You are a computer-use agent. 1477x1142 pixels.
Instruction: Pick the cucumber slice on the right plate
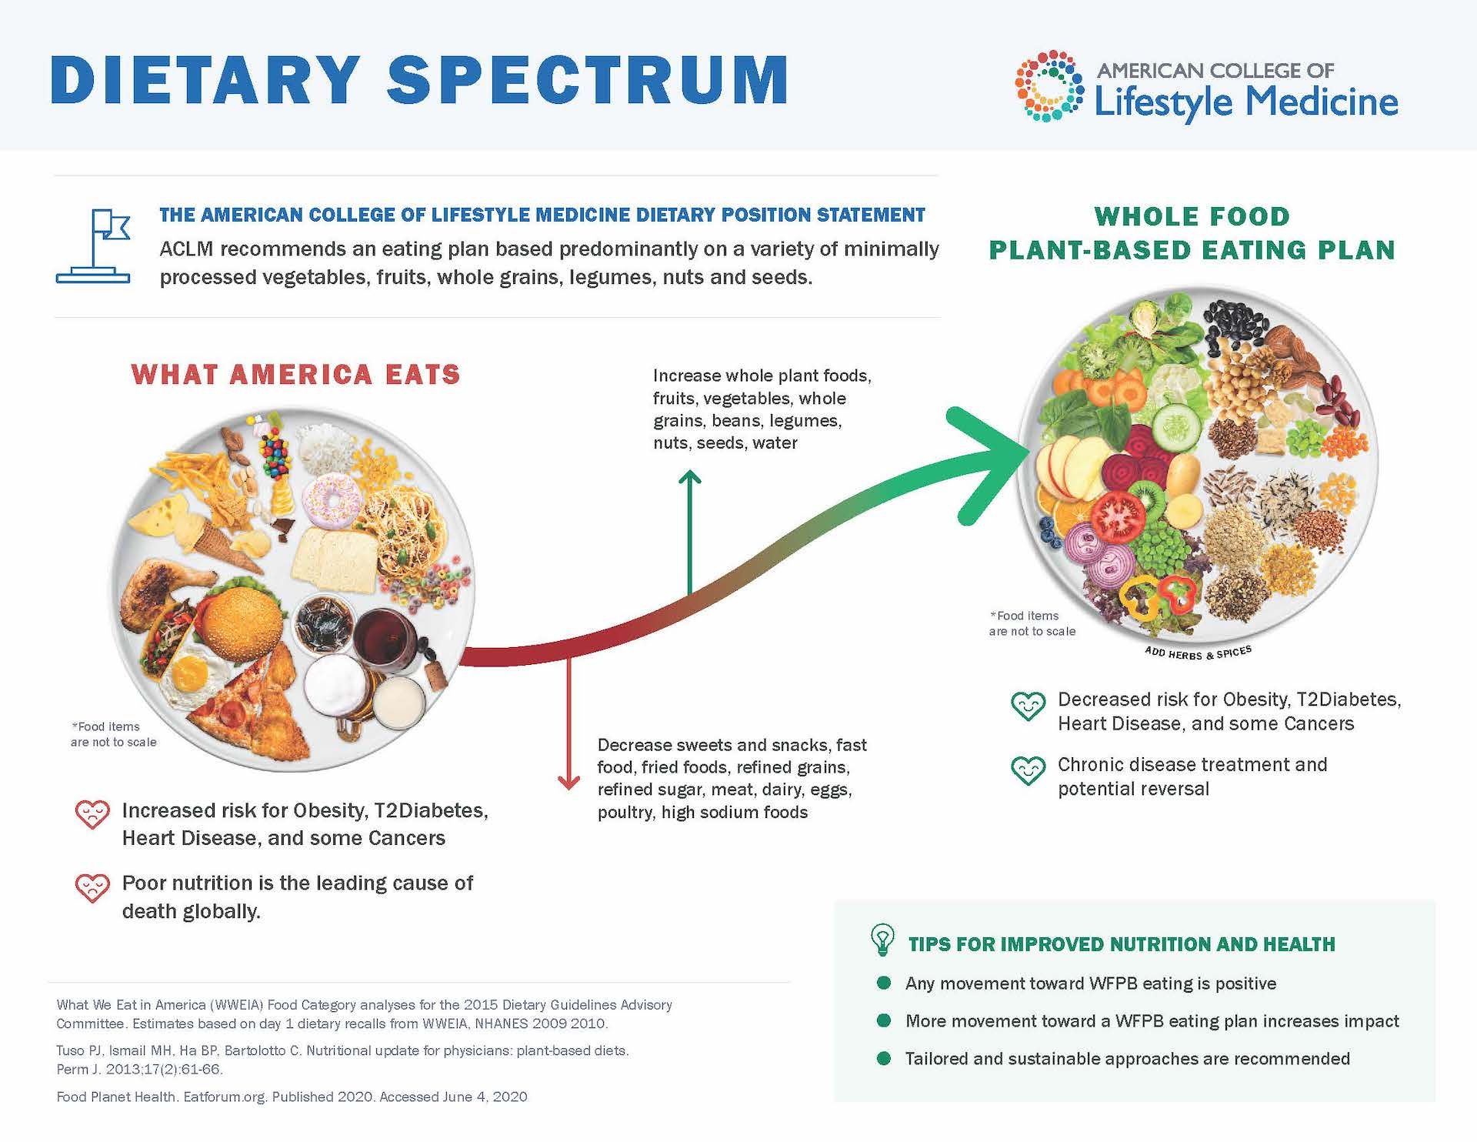1176,426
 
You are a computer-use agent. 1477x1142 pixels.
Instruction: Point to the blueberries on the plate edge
1048,530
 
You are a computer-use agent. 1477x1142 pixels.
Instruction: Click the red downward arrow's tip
568,789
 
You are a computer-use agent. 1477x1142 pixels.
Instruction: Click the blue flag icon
93,246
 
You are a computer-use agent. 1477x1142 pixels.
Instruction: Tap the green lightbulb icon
882,940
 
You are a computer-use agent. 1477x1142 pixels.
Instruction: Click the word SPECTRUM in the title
588,79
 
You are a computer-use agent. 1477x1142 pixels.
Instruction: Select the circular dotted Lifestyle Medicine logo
1049,85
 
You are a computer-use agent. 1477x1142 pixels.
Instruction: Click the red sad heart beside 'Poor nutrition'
92,888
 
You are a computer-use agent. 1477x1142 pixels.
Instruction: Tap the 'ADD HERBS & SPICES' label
1198,653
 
